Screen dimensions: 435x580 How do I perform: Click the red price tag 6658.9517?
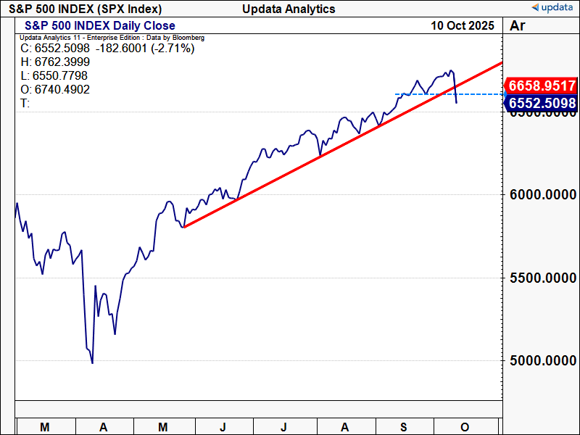(x=542, y=86)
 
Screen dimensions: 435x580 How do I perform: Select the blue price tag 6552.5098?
(x=542, y=104)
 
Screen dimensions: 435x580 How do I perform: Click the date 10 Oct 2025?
(x=462, y=25)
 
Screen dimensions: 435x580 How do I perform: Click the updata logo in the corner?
(x=554, y=7)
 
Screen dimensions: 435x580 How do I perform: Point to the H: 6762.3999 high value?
(x=55, y=62)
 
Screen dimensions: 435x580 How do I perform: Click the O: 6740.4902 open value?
(x=55, y=89)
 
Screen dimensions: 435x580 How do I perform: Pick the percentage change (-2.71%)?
(x=174, y=49)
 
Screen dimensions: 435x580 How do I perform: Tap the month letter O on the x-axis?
(x=465, y=427)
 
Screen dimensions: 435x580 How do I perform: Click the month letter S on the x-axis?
(x=406, y=427)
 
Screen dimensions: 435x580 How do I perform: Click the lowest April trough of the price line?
(x=92, y=362)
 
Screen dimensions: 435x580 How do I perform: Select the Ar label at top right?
(x=518, y=25)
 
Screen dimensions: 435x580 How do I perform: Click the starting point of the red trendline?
(x=184, y=228)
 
